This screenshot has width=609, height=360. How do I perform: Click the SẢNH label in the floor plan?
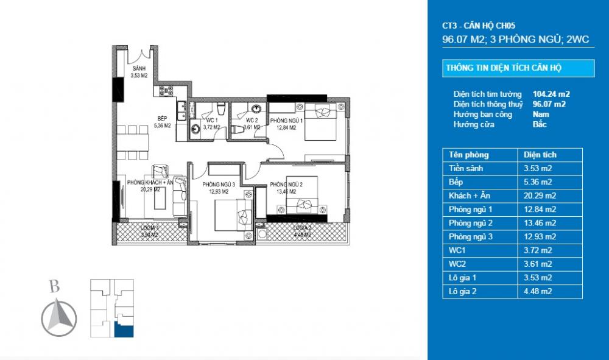(139, 69)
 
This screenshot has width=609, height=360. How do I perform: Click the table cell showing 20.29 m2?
(535, 196)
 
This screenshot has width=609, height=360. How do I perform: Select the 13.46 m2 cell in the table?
(535, 222)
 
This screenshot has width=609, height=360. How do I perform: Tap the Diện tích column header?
(536, 155)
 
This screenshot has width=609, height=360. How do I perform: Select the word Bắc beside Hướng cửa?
(540, 124)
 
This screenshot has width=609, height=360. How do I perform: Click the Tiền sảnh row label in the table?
(465, 169)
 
